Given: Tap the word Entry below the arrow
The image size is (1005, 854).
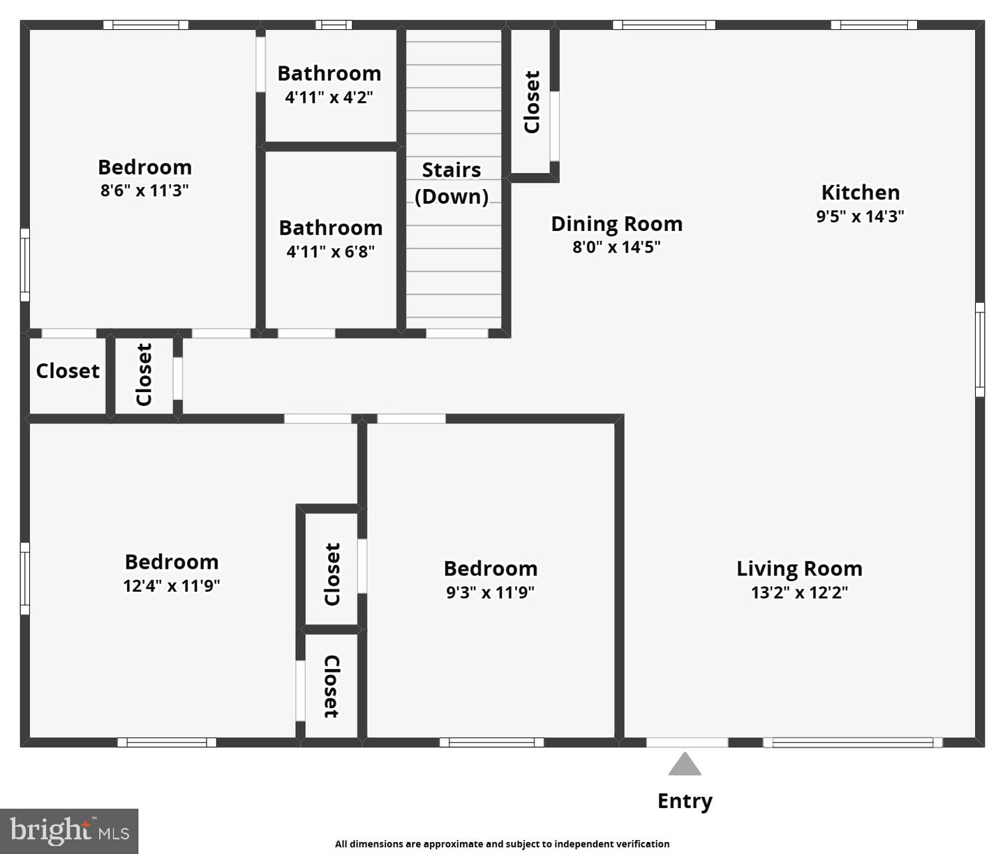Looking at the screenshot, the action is point(685,802).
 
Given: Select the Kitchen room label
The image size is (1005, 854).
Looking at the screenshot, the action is point(861,193).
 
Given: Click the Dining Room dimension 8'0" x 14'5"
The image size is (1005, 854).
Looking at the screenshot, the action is point(616,247).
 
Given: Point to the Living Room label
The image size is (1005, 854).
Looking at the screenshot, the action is point(799,569).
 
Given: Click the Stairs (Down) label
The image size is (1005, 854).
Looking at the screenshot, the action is point(452,183).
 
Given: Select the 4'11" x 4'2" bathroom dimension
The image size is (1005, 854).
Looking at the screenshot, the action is point(329,97).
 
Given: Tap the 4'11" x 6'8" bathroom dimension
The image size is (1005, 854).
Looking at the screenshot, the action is point(331,251).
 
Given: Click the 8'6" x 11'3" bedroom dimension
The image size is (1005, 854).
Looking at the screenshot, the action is point(144,190).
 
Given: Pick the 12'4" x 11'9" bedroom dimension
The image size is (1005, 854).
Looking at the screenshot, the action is point(172,585).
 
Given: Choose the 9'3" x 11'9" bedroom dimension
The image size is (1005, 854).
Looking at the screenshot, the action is point(490,592).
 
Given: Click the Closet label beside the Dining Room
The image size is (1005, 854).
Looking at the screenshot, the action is point(532,102).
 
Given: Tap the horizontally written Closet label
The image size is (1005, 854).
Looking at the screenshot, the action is point(68,371).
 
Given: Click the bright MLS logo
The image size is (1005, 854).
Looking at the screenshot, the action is point(69,831).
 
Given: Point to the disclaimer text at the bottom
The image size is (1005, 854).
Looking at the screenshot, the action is point(502,844).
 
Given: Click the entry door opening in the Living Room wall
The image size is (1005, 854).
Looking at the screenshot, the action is point(687,742).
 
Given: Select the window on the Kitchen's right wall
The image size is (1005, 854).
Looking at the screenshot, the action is point(980,350).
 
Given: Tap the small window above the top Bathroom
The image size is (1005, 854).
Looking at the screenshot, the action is point(334,25).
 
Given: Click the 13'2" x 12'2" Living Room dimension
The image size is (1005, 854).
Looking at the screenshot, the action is point(799,592).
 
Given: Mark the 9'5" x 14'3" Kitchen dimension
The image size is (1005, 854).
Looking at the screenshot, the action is point(860,216).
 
